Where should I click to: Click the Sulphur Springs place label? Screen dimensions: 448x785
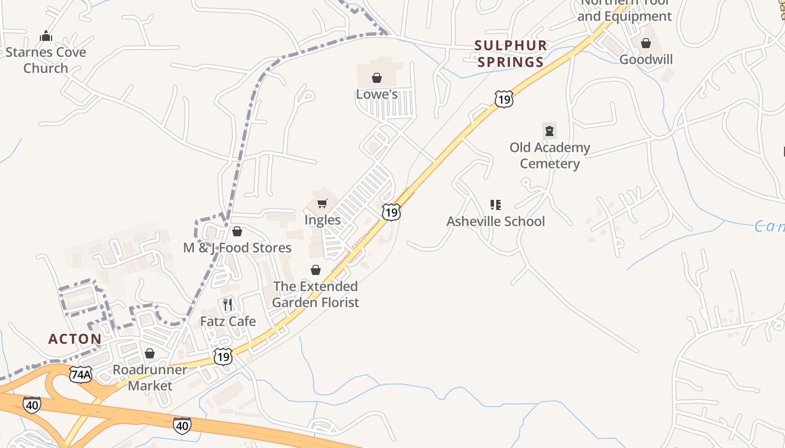tap(510, 53)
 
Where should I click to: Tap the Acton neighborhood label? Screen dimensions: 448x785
tap(75, 339)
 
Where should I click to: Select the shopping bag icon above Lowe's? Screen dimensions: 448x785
tap(377, 78)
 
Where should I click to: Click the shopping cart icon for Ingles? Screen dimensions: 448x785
tap(322, 204)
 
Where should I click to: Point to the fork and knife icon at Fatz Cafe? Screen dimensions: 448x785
tap(228, 305)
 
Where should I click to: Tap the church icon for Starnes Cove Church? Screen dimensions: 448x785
tap(46, 36)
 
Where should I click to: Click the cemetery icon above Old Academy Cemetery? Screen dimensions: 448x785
tap(549, 131)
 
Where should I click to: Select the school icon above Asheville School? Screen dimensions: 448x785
tap(495, 205)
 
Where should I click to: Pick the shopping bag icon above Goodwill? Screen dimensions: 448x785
tap(646, 43)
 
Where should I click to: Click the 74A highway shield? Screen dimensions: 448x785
tap(81, 374)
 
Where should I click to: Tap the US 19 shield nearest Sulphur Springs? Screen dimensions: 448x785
tap(504, 99)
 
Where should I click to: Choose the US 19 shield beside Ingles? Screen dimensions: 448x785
tap(391, 212)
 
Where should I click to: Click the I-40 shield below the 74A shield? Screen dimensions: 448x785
tap(32, 404)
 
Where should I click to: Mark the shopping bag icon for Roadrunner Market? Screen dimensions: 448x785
tap(149, 353)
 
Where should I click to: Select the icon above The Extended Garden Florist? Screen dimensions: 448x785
tap(316, 270)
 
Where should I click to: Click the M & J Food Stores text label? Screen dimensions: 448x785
tap(237, 248)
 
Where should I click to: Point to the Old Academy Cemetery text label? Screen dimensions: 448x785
tap(549, 156)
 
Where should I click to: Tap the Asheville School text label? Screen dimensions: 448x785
tap(496, 221)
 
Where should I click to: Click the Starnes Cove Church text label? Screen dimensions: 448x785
tap(46, 60)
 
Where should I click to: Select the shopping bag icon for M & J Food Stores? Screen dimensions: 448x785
tap(237, 231)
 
